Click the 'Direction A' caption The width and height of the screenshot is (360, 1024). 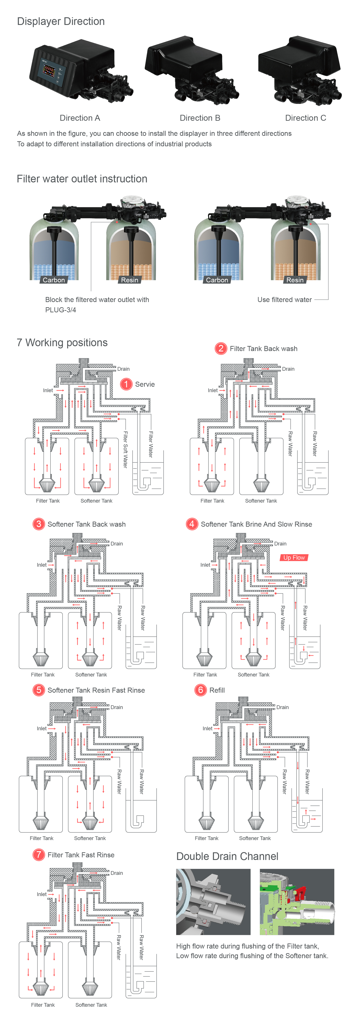pos(80,118)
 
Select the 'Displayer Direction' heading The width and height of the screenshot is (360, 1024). pos(61,21)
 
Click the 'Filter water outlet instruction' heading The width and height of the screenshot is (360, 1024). pos(82,179)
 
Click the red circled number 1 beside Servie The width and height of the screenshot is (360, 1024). pos(126,384)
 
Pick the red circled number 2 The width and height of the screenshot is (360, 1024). pos(220,349)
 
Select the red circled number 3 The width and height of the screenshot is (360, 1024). pos(38,524)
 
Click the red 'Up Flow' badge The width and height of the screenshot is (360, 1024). pos(294,558)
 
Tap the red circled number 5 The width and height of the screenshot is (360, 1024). pos(38,690)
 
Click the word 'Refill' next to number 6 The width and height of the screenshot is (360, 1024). pos(217,690)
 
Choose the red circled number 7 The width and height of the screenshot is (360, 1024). pos(38,855)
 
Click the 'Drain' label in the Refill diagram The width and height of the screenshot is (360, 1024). pos(283,707)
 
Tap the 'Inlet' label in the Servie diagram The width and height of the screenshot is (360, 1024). pos(48,390)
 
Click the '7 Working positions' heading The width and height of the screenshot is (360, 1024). pos(62,343)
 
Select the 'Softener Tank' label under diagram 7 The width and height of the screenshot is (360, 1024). pos(91,1005)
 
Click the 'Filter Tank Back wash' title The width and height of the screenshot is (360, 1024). pos(264,349)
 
